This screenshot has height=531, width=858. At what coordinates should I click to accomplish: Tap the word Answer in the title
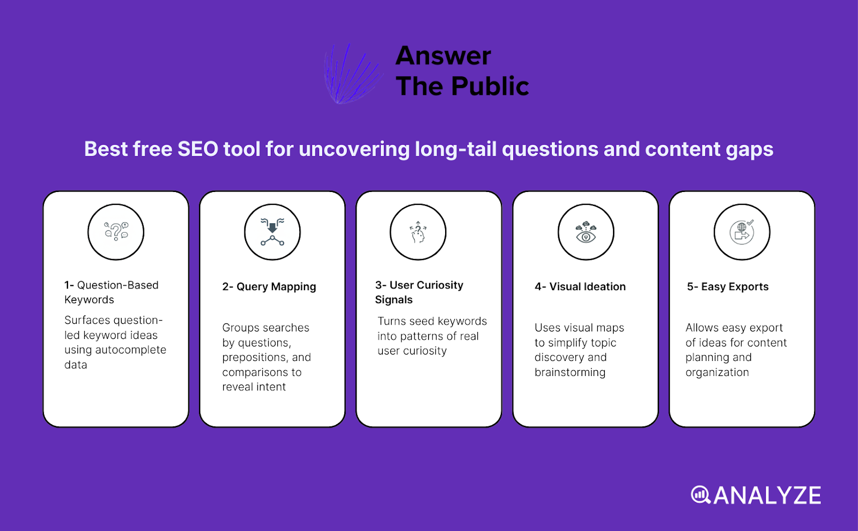point(443,56)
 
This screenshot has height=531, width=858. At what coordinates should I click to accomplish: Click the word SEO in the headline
point(197,149)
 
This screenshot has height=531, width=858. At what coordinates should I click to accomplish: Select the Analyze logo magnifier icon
point(700,495)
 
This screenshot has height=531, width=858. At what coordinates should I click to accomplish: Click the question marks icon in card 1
point(116,232)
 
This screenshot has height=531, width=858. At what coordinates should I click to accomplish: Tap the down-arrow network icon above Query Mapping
point(272,232)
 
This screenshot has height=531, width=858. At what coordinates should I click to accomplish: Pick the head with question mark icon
point(418,232)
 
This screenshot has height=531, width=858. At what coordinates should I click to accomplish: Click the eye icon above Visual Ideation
point(586,232)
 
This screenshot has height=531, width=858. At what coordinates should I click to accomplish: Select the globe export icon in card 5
point(742,232)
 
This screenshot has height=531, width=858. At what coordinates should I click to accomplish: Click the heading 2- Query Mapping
point(269,286)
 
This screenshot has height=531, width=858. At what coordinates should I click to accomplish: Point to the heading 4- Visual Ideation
point(580,286)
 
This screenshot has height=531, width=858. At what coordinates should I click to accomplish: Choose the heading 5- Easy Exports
point(728,286)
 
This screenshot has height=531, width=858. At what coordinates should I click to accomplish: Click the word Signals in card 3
point(394,300)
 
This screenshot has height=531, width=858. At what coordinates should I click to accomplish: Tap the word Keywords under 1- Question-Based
point(89,300)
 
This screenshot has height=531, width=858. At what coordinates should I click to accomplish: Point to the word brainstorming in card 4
point(570,372)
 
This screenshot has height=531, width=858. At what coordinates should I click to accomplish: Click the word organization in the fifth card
point(717,372)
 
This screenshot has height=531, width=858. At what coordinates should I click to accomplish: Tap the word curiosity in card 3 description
point(426,351)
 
